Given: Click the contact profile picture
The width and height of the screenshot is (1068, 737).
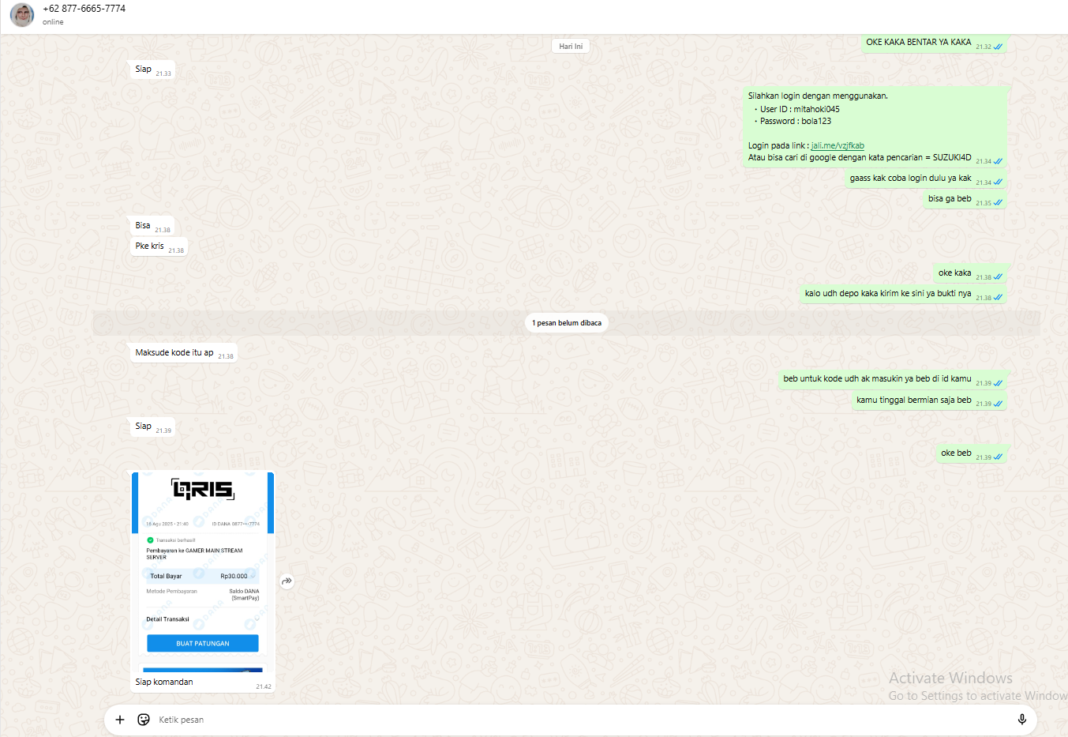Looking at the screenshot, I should click(22, 14).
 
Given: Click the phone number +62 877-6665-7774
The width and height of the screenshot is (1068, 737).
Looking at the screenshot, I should click(84, 9).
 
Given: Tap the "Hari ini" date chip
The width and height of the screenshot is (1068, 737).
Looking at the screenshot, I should click(571, 47).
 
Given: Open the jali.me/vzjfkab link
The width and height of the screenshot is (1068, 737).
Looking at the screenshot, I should click(838, 145).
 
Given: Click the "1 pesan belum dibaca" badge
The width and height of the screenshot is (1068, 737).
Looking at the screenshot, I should click(567, 323).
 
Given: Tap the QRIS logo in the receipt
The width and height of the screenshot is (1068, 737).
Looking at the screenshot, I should click(203, 490).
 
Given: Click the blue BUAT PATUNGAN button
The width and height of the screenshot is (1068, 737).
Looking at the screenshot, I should click(203, 643).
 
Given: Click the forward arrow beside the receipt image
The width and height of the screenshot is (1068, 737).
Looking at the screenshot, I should click(287, 581).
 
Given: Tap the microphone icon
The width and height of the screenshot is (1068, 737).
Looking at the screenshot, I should click(1021, 719).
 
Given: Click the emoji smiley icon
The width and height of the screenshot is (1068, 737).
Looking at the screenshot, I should click(144, 720).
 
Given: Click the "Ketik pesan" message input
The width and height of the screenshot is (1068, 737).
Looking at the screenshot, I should click(553, 720).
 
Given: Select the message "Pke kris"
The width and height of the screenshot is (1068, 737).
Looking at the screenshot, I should click(150, 246).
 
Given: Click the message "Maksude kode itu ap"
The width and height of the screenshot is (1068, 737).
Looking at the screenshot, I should click(174, 352).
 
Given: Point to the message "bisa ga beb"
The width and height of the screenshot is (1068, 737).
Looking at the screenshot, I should click(950, 199).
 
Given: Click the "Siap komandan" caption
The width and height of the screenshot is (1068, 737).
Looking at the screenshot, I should click(164, 682).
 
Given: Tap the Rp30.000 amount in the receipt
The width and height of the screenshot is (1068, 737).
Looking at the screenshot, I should click(234, 576).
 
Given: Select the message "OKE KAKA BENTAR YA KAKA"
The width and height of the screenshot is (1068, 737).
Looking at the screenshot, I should click(918, 42).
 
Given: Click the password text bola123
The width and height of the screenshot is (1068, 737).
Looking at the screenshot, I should click(816, 121).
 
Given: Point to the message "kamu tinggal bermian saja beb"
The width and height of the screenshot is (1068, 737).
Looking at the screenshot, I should click(913, 400).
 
